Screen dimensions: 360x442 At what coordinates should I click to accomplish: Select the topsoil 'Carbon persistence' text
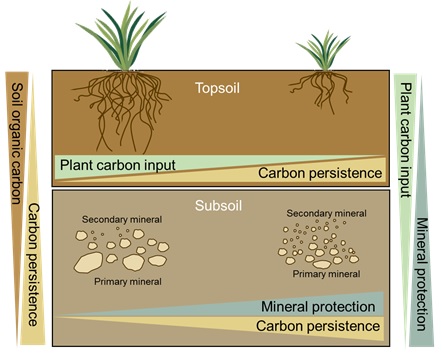[x=319, y=174]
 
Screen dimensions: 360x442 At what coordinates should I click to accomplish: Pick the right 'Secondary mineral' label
[x=325, y=214]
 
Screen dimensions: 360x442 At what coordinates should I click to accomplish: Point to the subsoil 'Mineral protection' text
[x=320, y=306]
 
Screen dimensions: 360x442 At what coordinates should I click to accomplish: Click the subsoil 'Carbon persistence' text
[x=319, y=326]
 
